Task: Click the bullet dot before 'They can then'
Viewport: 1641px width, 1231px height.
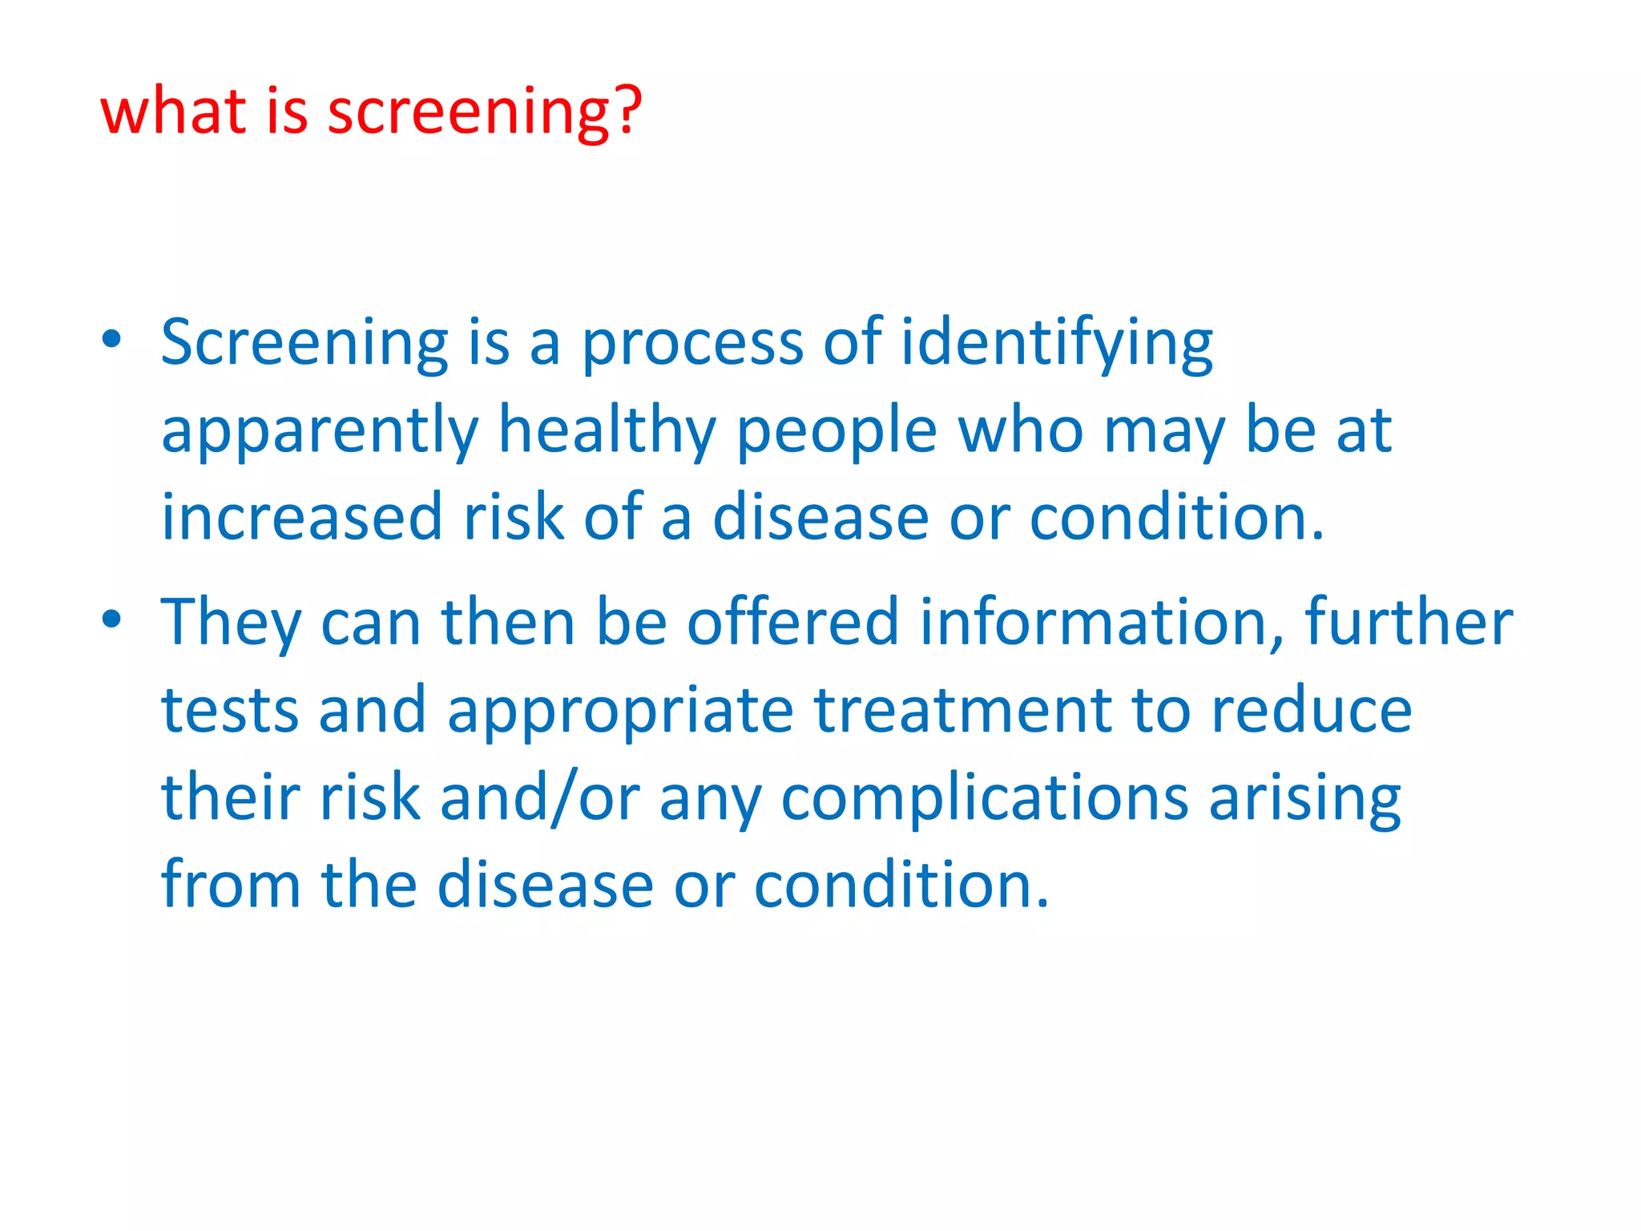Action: pyautogui.click(x=112, y=619)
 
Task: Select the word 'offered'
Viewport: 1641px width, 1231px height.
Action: pyautogui.click(x=792, y=622)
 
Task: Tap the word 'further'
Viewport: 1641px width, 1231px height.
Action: pyautogui.click(x=1409, y=622)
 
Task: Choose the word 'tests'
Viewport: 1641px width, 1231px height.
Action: pyautogui.click(x=229, y=710)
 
